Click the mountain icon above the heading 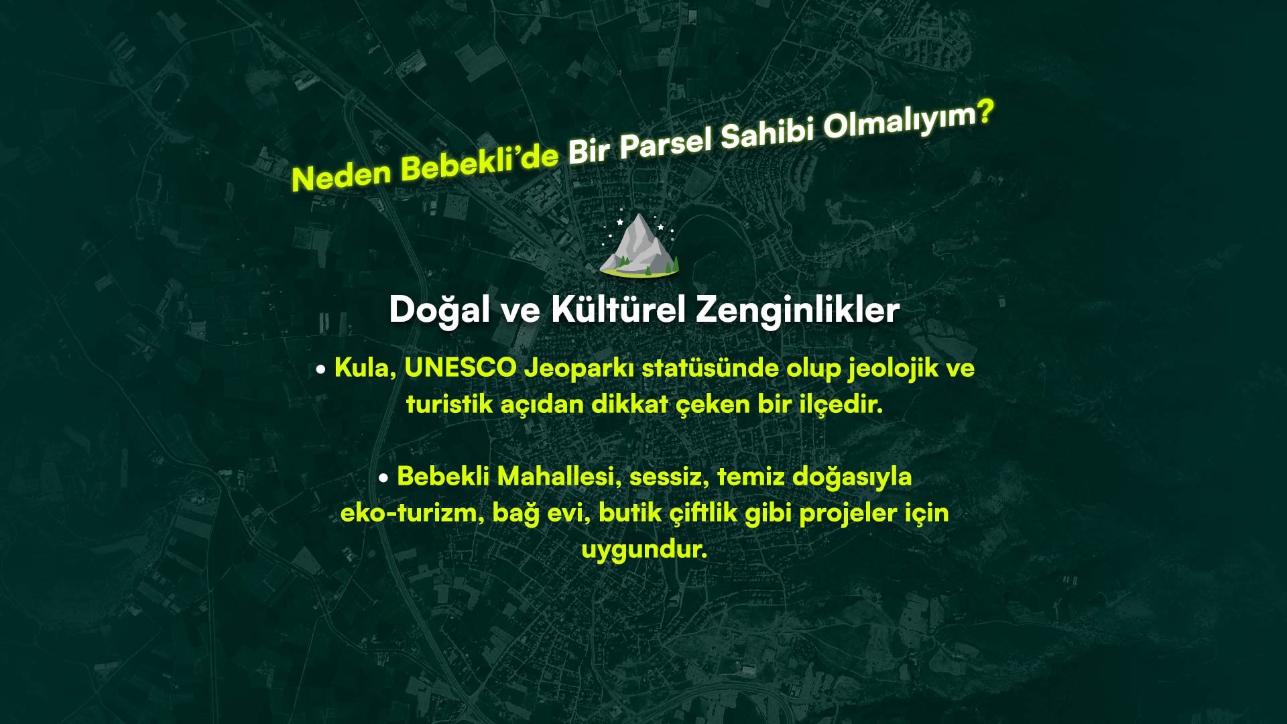(640, 246)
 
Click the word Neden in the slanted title (341, 175)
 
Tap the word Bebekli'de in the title (480, 161)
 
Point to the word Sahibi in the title (767, 131)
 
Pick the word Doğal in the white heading (440, 310)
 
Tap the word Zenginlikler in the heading (798, 310)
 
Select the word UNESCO (461, 368)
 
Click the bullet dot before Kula (321, 369)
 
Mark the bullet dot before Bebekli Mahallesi (383, 478)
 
